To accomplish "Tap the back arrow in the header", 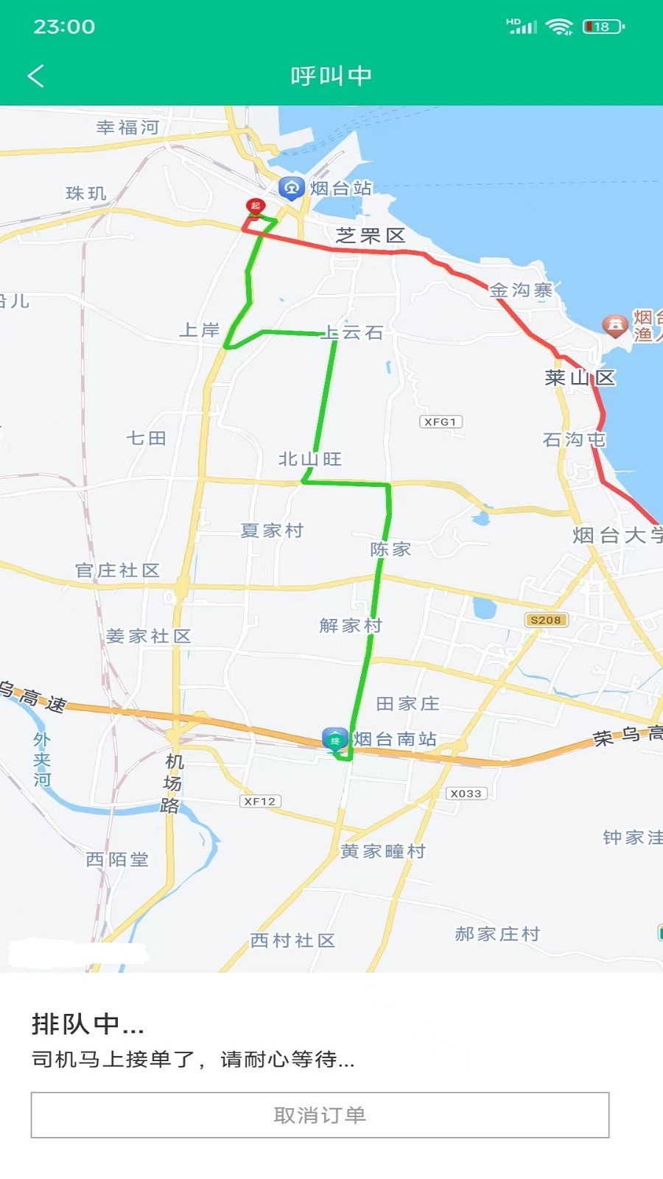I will [x=36, y=75].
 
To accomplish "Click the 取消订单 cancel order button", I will [x=320, y=1115].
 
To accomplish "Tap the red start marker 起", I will [x=255, y=206].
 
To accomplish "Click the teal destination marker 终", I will [x=335, y=740].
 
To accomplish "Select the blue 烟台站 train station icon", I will [x=291, y=187].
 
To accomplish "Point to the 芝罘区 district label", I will [x=371, y=236].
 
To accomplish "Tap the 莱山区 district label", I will [x=580, y=378].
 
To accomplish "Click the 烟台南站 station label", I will [x=395, y=739].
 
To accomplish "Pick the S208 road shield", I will [x=546, y=620].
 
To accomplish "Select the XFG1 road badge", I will [x=441, y=421].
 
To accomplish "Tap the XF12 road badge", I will [x=260, y=801].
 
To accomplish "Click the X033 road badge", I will [x=466, y=793].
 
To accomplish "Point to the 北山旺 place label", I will [x=310, y=459].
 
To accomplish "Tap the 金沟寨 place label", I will [x=522, y=290].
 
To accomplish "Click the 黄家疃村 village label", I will [x=383, y=851].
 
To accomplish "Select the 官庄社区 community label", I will [x=118, y=570].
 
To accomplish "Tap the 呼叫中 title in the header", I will [x=331, y=75].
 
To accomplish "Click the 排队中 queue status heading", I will [x=88, y=1024].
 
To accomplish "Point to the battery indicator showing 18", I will [x=603, y=27].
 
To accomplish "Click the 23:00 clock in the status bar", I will [x=64, y=27].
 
